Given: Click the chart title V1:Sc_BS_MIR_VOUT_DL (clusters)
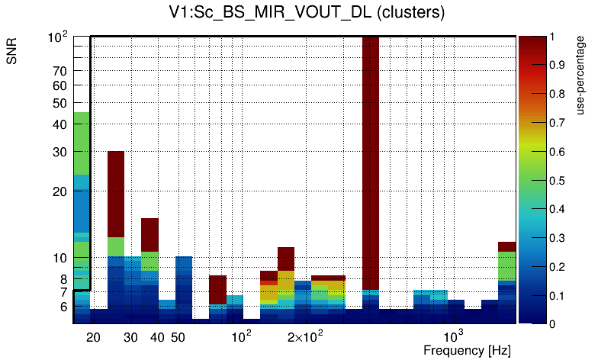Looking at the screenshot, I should tap(307, 13).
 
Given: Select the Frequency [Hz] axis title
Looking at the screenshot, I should tap(467, 351).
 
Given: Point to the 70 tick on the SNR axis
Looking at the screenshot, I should tap(59, 71).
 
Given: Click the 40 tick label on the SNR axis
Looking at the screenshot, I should tap(59, 124).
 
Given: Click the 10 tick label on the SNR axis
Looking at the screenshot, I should tap(59, 258).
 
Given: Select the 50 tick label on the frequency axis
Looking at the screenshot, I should tap(178, 337).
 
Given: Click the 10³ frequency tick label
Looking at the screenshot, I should tap(454, 336).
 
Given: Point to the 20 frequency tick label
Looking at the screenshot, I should tap(93, 337).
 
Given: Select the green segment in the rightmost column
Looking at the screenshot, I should tap(507, 265).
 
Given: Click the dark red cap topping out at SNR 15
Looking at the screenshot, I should tap(149, 234).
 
